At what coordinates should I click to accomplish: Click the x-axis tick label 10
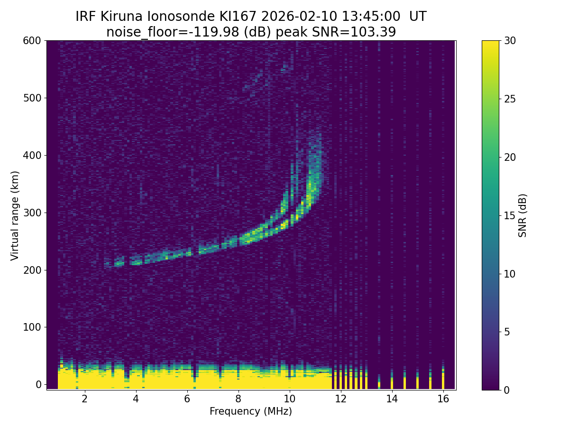click(x=289, y=399)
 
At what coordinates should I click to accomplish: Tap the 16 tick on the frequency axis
click(x=443, y=399)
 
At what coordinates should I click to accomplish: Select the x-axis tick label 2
click(x=85, y=399)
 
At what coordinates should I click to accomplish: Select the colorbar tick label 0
click(x=506, y=390)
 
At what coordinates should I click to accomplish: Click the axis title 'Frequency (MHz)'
click(x=251, y=411)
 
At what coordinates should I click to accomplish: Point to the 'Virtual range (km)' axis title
click(x=15, y=215)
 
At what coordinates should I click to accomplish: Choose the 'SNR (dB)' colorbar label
click(x=523, y=215)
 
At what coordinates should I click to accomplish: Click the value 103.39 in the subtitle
click(x=376, y=32)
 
